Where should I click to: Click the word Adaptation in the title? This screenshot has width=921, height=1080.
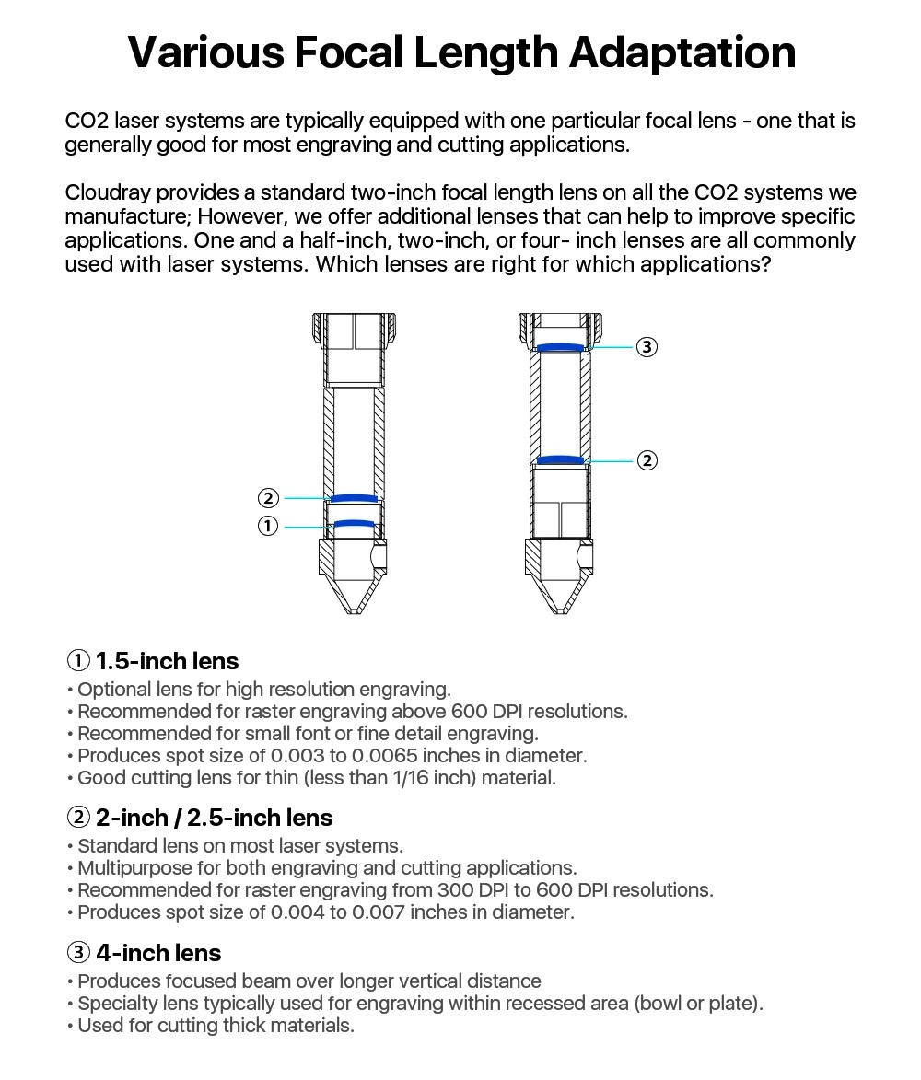tap(682, 52)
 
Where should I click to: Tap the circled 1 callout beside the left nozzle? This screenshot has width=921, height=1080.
tap(268, 526)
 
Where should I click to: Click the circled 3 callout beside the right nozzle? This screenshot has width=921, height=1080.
tap(647, 347)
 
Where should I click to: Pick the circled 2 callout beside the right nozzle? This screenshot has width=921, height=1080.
tap(647, 460)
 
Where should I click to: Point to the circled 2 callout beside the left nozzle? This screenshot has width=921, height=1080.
tap(268, 498)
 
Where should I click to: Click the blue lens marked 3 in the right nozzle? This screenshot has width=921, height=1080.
tap(562, 348)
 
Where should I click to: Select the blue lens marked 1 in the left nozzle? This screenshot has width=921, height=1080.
tap(355, 524)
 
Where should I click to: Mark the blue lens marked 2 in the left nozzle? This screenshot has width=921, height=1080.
tap(355, 498)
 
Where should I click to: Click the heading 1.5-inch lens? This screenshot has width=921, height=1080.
tap(167, 661)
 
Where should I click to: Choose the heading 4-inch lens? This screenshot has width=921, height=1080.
tap(158, 953)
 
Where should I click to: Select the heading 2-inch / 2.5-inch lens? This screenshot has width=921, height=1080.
tap(214, 818)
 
